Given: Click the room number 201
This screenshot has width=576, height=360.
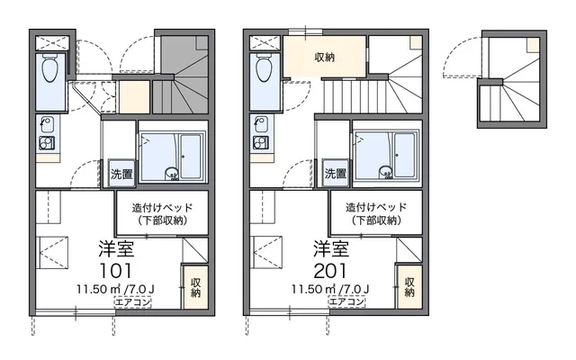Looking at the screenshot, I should click(331, 269).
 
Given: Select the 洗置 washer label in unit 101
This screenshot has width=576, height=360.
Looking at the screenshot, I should click(121, 174).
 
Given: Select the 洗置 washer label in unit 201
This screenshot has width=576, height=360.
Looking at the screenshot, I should click(335, 174).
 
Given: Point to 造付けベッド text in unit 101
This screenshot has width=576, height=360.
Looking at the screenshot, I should click(161, 206).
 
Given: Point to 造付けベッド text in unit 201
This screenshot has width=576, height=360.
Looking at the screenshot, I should click(375, 206).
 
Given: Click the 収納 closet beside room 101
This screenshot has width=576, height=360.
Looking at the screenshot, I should click(194, 288).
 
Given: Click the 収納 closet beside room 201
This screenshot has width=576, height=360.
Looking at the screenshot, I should click(409, 288).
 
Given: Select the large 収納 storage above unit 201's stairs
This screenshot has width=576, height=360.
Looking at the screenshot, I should click(325, 58).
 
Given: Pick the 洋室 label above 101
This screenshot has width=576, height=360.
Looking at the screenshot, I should click(117, 245).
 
